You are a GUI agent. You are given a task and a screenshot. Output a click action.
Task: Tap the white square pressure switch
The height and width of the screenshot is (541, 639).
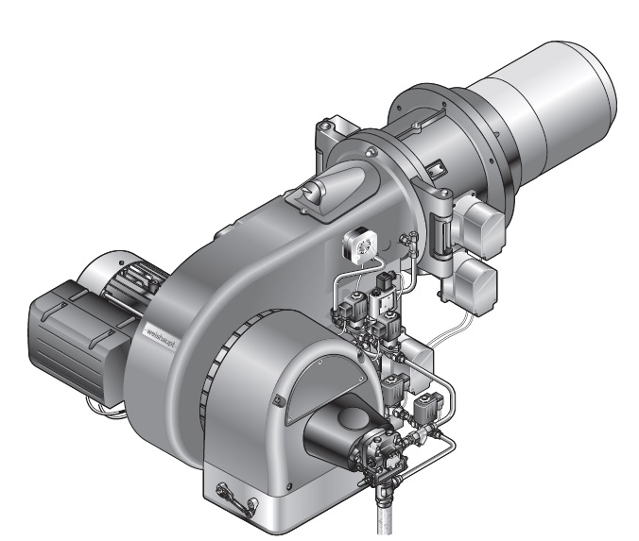359,245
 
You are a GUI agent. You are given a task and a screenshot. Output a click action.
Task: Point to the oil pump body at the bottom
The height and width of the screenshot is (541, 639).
379,450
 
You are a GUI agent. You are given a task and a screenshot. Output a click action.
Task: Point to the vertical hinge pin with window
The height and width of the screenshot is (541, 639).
440,235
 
